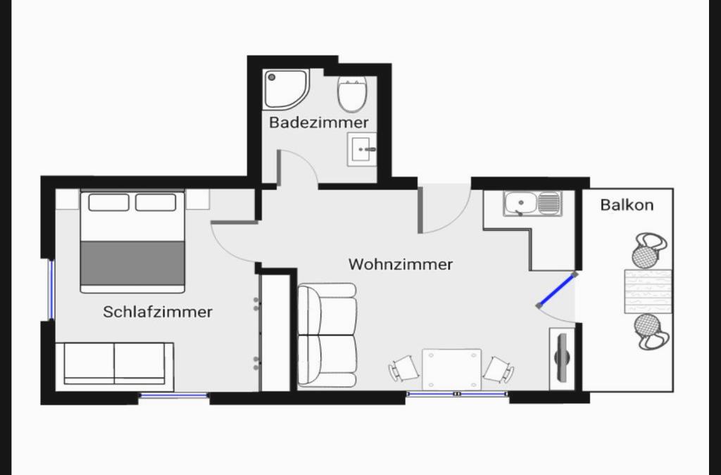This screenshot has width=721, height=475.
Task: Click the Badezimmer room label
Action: pos(319,122)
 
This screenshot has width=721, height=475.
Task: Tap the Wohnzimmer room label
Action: pos(401,264)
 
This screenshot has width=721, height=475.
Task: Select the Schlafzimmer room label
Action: pos(158,312)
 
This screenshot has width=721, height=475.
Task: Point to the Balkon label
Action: pos(627,204)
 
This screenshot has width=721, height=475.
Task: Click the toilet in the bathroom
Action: pos(352,94)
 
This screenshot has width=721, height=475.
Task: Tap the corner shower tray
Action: pos(285,89)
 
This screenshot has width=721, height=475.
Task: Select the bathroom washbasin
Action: pos(361,149)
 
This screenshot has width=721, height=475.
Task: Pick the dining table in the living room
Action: pos(451,369)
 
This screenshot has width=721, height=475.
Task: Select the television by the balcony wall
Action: pos(562,358)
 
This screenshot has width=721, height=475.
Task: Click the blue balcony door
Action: pos(556,291)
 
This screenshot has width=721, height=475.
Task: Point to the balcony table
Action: pos(648,292)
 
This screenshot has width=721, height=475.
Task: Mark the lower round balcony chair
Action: pos(649,331)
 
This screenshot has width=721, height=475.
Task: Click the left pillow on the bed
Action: pos(108,203)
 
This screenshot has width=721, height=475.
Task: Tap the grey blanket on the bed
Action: pos(132,263)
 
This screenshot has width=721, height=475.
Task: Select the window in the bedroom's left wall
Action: pos(51,289)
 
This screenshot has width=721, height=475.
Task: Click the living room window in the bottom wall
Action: pos(458,394)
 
